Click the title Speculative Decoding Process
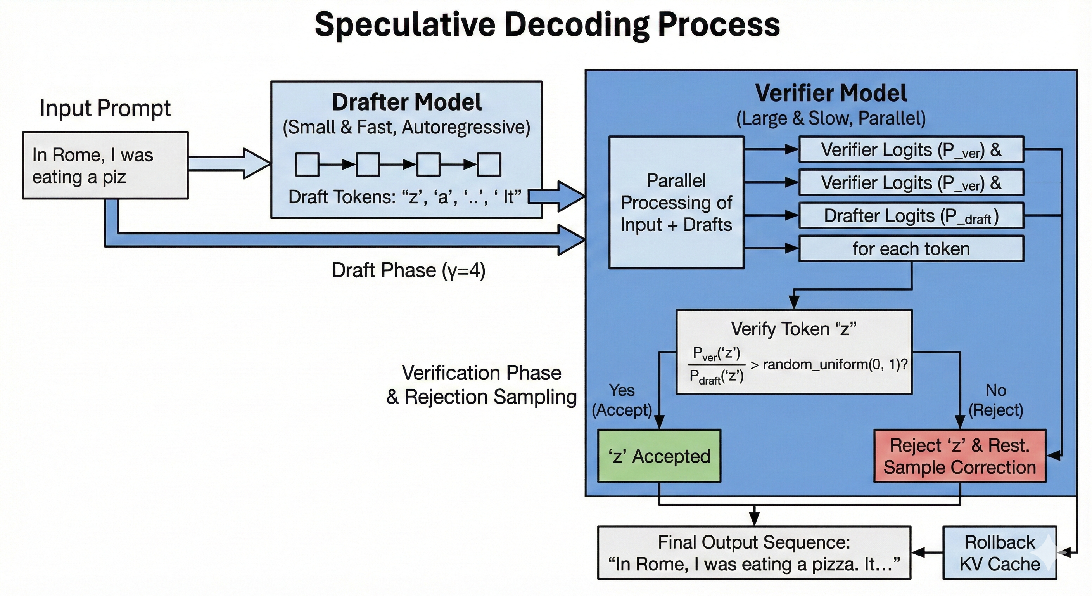547,24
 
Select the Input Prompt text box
105,165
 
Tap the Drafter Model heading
406,102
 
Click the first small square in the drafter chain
307,165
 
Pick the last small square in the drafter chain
489,165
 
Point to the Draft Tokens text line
405,197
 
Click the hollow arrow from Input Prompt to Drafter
229,164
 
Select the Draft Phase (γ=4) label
409,270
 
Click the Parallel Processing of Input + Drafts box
676,202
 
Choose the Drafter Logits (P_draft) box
911,215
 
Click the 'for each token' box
911,249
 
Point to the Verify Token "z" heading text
793,329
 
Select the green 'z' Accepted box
659,456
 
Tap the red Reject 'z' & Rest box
960,456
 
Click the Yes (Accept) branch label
622,400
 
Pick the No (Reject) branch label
996,400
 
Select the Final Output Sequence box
754,553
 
